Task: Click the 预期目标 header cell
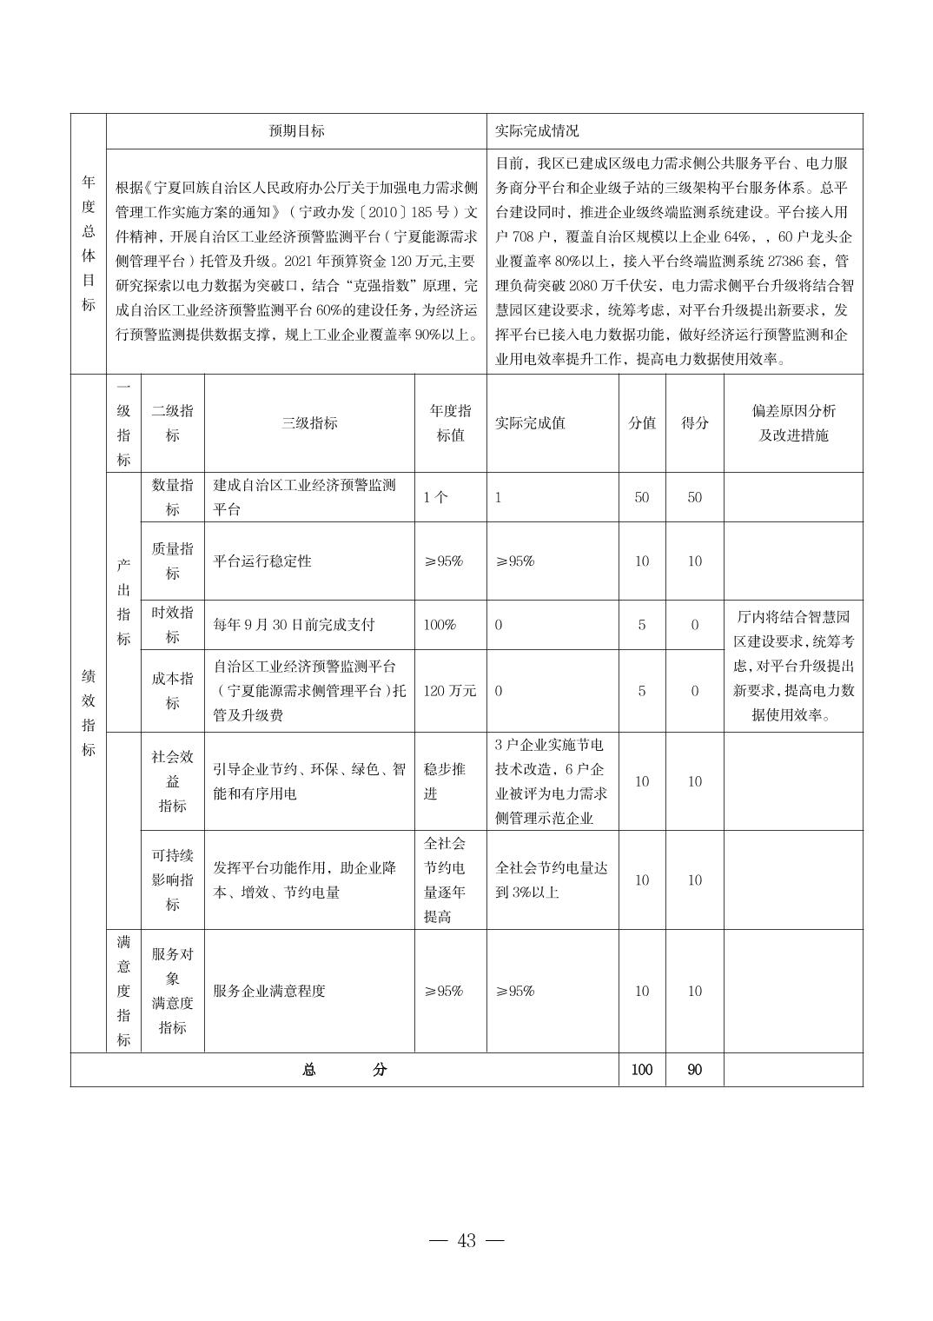click(x=296, y=131)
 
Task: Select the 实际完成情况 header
click(x=537, y=131)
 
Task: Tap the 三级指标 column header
click(x=309, y=423)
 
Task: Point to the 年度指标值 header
click(x=450, y=423)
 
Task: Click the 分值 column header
click(x=642, y=423)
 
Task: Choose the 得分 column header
click(x=694, y=423)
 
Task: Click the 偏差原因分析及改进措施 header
click(x=792, y=423)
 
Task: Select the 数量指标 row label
click(x=172, y=497)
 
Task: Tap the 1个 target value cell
click(x=436, y=497)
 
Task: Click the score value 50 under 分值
click(x=642, y=497)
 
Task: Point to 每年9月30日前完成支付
click(x=294, y=625)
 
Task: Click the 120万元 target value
click(x=450, y=691)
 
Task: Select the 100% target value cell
click(x=440, y=625)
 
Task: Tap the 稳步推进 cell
click(x=444, y=781)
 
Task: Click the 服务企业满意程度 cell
click(x=269, y=991)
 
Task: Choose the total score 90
click(x=694, y=1070)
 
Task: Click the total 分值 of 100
click(x=642, y=1070)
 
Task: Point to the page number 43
click(x=467, y=1241)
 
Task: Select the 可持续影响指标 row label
click(x=172, y=880)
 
